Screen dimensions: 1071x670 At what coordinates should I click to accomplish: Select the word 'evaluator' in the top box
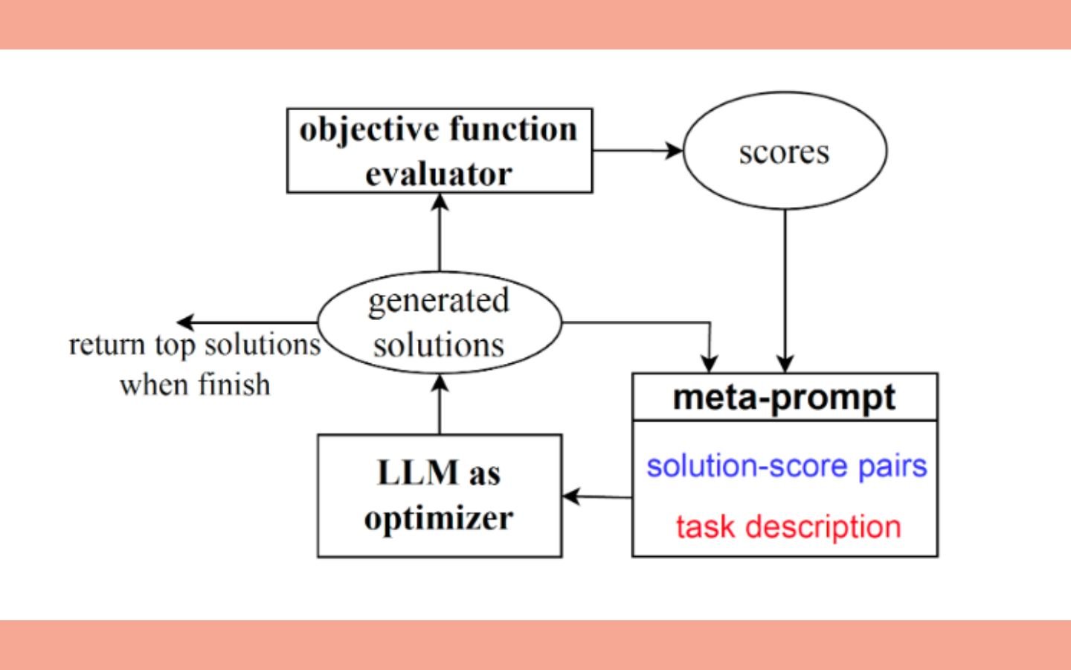point(439,173)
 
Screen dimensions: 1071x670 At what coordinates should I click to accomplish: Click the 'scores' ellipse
point(785,150)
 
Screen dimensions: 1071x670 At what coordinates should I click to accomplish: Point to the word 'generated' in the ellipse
point(439,302)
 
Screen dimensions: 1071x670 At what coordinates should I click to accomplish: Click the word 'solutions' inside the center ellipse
point(439,345)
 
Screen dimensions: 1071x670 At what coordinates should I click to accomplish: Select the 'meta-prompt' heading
point(784,398)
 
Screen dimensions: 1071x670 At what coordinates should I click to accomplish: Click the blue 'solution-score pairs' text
point(787,466)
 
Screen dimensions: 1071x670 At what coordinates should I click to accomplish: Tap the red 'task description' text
point(788,527)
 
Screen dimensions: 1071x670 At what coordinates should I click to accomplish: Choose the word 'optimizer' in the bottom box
point(439,519)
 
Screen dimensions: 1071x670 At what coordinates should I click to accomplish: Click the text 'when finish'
point(195,385)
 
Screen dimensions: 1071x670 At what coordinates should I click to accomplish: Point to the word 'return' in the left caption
point(107,345)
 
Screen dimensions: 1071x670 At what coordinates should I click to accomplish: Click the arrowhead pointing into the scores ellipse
point(674,150)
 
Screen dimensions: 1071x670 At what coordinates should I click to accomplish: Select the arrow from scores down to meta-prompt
point(785,291)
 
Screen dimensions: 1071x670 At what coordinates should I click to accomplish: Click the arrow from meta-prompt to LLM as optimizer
point(597,497)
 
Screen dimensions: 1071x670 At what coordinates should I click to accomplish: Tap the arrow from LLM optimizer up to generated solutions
point(440,404)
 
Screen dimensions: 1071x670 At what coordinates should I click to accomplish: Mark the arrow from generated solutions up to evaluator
point(440,232)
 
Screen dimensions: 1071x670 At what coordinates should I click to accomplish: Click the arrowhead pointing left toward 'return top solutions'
point(185,322)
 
